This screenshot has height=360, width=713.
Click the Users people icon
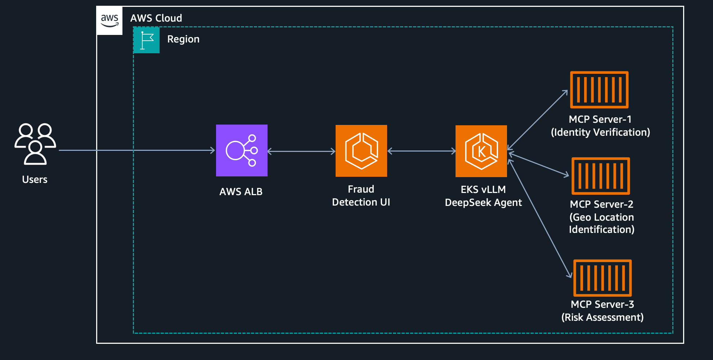(x=35, y=144)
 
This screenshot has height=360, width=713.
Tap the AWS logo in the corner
(x=109, y=21)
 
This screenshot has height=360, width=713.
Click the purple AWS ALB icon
(x=242, y=150)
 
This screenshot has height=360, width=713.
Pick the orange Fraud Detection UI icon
(x=361, y=151)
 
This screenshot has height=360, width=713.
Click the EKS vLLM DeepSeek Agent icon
(x=481, y=151)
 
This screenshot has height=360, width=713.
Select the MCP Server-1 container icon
(x=599, y=90)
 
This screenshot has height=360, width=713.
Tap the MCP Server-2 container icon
(x=601, y=176)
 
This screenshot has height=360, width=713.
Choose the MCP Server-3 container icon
(x=602, y=278)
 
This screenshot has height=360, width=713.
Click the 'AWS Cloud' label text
(x=156, y=18)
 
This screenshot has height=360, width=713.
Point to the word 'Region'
(x=183, y=39)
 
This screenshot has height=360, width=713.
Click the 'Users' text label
(x=35, y=179)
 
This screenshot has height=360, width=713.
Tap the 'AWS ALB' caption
(x=241, y=192)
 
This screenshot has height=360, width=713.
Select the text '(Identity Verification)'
(x=600, y=132)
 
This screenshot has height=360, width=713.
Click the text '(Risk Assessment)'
(x=602, y=317)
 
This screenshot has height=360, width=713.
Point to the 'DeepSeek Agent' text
(x=483, y=203)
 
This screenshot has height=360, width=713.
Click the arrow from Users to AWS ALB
(x=137, y=150)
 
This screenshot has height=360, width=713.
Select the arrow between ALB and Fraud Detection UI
(x=301, y=151)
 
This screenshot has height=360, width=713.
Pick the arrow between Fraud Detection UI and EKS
(x=421, y=151)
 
